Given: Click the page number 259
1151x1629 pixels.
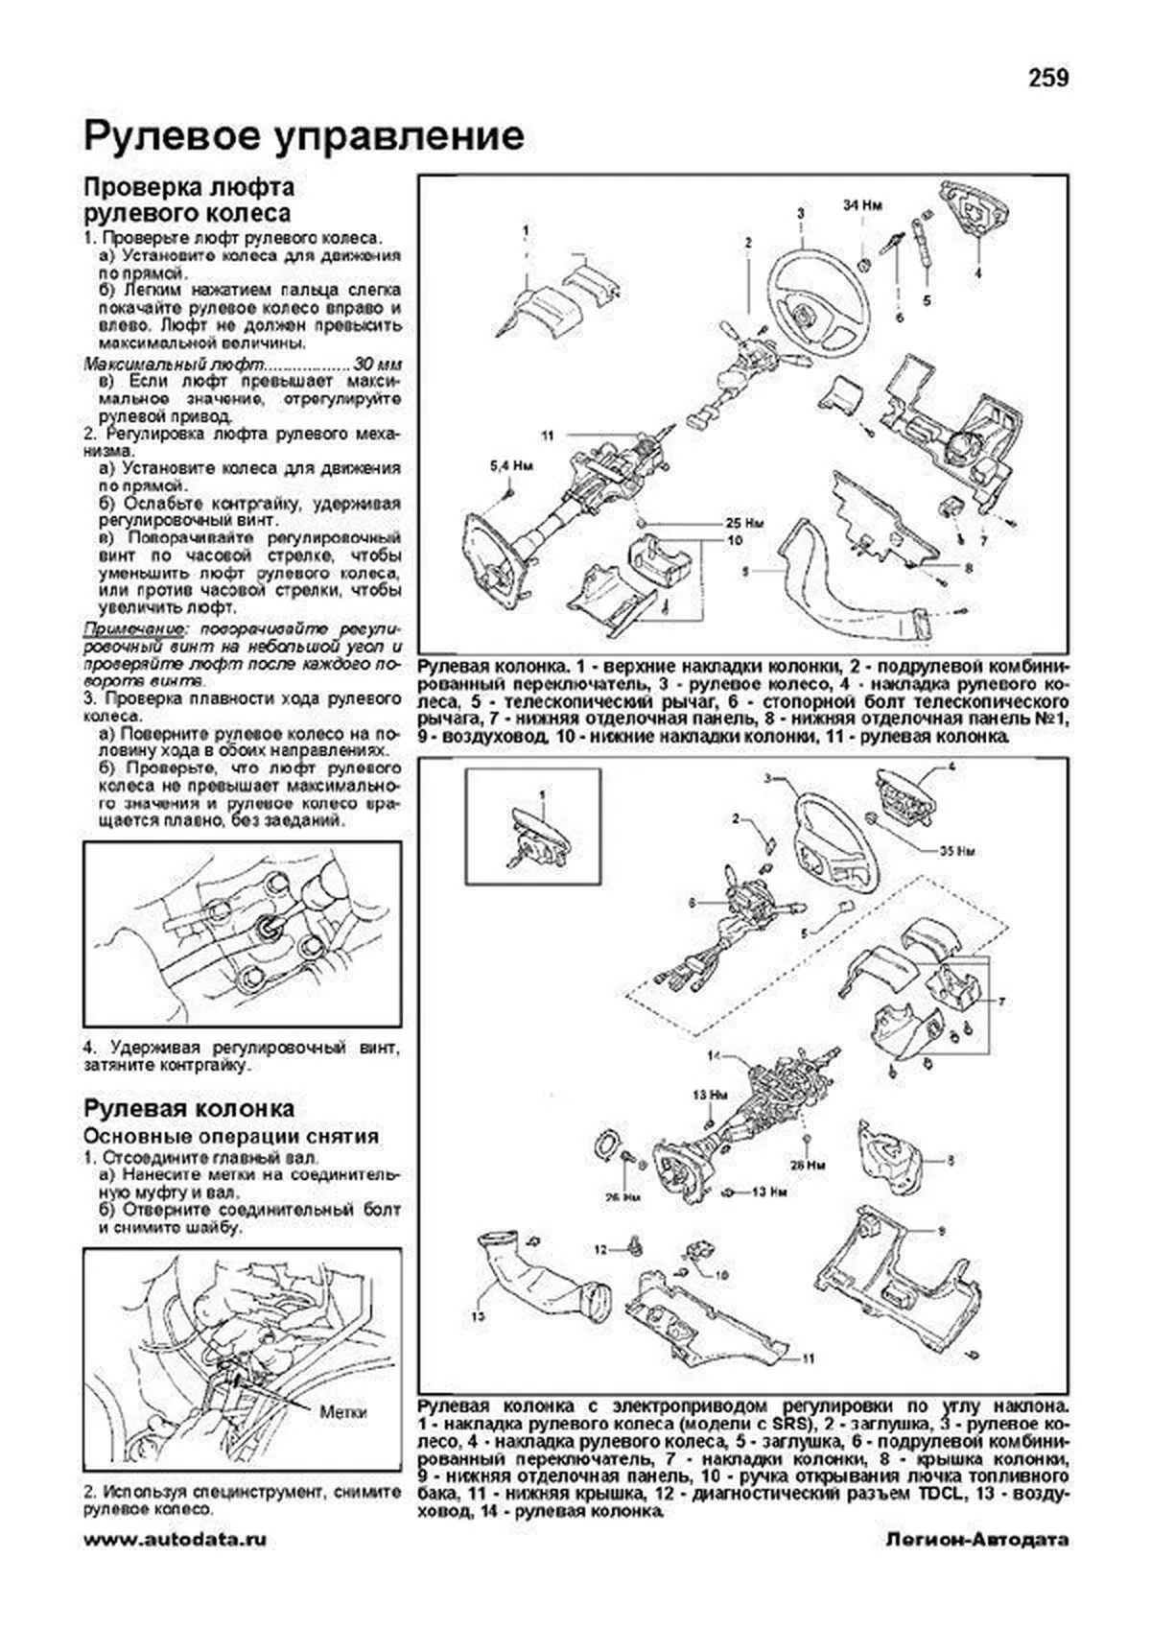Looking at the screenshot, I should pyautogui.click(x=1048, y=78).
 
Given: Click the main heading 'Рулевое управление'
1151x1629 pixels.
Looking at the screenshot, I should pyautogui.click(x=304, y=136).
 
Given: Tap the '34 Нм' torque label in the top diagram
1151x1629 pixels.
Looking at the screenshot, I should pyautogui.click(x=862, y=205).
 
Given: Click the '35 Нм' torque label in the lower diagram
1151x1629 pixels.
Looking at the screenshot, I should pyautogui.click(x=958, y=850).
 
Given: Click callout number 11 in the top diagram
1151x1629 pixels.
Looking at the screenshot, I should pyautogui.click(x=547, y=436).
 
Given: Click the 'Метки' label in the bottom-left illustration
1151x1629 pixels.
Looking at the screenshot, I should pyautogui.click(x=343, y=1412).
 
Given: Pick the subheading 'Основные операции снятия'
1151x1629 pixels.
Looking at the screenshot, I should pyautogui.click(x=231, y=1136).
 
